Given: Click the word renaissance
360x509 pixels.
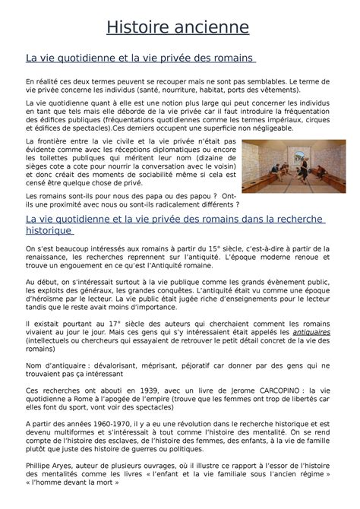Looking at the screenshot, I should [x=47, y=257].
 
